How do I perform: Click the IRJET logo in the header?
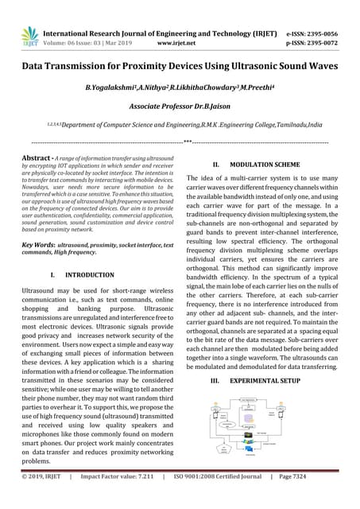[29, 33]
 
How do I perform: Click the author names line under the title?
[180, 88]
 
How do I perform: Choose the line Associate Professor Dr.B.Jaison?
[180, 107]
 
